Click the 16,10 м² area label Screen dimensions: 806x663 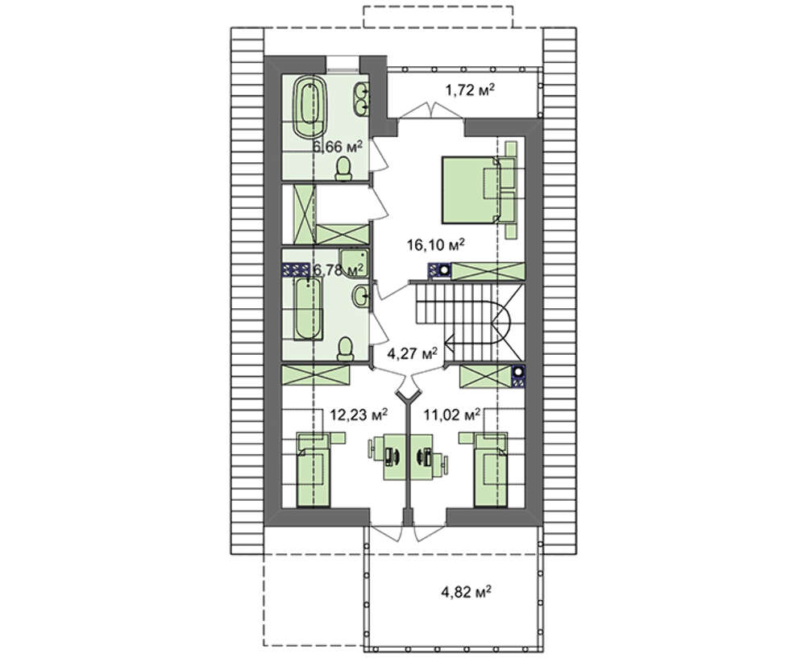tap(436, 244)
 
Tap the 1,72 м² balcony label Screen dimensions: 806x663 tap(470, 90)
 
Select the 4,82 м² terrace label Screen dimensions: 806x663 tap(466, 591)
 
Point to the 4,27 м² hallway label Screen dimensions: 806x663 tap(412, 352)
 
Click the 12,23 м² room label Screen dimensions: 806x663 tap(359, 414)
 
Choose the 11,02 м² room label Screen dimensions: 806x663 tap(452, 414)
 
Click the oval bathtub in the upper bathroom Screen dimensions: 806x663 tap(310, 106)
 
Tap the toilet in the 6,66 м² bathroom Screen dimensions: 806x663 tap(343, 169)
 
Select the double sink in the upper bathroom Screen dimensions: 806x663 tap(361, 98)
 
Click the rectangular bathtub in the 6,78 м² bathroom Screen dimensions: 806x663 tap(308, 309)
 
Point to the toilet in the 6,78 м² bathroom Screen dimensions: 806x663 tap(346, 350)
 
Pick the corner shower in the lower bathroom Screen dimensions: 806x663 tap(353, 263)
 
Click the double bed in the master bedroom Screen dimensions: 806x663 tap(471, 190)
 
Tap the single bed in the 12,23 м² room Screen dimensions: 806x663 tap(314, 469)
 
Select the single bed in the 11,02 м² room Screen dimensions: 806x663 tap(491, 469)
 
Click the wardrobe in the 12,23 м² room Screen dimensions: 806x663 tap(315, 376)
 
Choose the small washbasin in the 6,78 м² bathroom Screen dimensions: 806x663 tap(360, 296)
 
